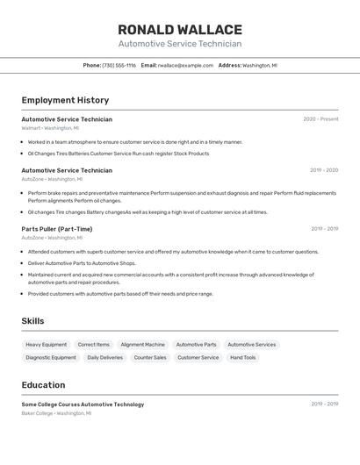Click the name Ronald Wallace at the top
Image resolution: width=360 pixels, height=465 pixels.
pyautogui.click(x=180, y=29)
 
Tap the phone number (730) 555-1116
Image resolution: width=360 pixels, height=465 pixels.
pyautogui.click(x=119, y=65)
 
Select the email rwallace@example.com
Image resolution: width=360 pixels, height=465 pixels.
pyautogui.click(x=186, y=65)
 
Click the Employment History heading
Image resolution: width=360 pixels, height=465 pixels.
pyautogui.click(x=65, y=100)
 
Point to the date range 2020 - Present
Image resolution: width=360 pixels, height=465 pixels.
pyautogui.click(x=320, y=119)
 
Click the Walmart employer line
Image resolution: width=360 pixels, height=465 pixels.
pyautogui.click(x=50, y=128)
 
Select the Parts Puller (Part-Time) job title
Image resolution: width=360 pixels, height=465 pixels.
pyautogui.click(x=57, y=229)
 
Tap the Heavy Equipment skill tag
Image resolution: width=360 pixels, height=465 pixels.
pyautogui.click(x=47, y=345)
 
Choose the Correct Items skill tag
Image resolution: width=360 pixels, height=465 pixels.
pyautogui.click(x=94, y=345)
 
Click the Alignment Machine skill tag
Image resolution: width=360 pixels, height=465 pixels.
pyautogui.click(x=142, y=345)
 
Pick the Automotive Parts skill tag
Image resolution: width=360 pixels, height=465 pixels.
pyautogui.click(x=197, y=345)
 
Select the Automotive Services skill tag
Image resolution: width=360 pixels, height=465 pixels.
pyautogui.click(x=252, y=345)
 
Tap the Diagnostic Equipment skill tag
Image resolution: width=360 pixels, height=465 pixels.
pyautogui.click(x=51, y=358)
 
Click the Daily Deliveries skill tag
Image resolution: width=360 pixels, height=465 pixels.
pyautogui.click(x=105, y=358)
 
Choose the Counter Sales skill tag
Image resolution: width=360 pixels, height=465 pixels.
pyautogui.click(x=150, y=358)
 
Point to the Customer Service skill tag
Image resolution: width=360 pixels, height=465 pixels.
pyautogui.click(x=198, y=358)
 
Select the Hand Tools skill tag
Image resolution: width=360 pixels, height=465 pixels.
pyautogui.click(x=243, y=358)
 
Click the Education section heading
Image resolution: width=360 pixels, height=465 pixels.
pyautogui.click(x=43, y=385)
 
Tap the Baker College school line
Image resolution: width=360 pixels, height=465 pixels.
pyautogui.click(x=56, y=413)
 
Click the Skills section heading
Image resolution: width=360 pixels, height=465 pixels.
pyautogui.click(x=32, y=321)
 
